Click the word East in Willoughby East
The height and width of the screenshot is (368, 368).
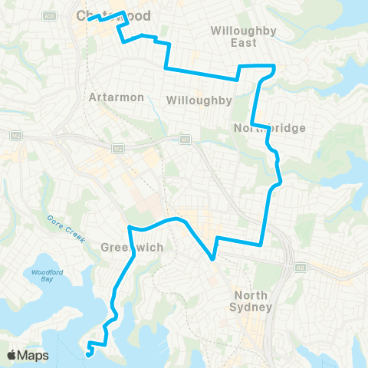point(244,43)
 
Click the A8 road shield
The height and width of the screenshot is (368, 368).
point(301,268)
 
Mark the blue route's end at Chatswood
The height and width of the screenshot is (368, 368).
point(89,19)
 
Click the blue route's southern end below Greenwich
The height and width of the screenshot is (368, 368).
point(90,353)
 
